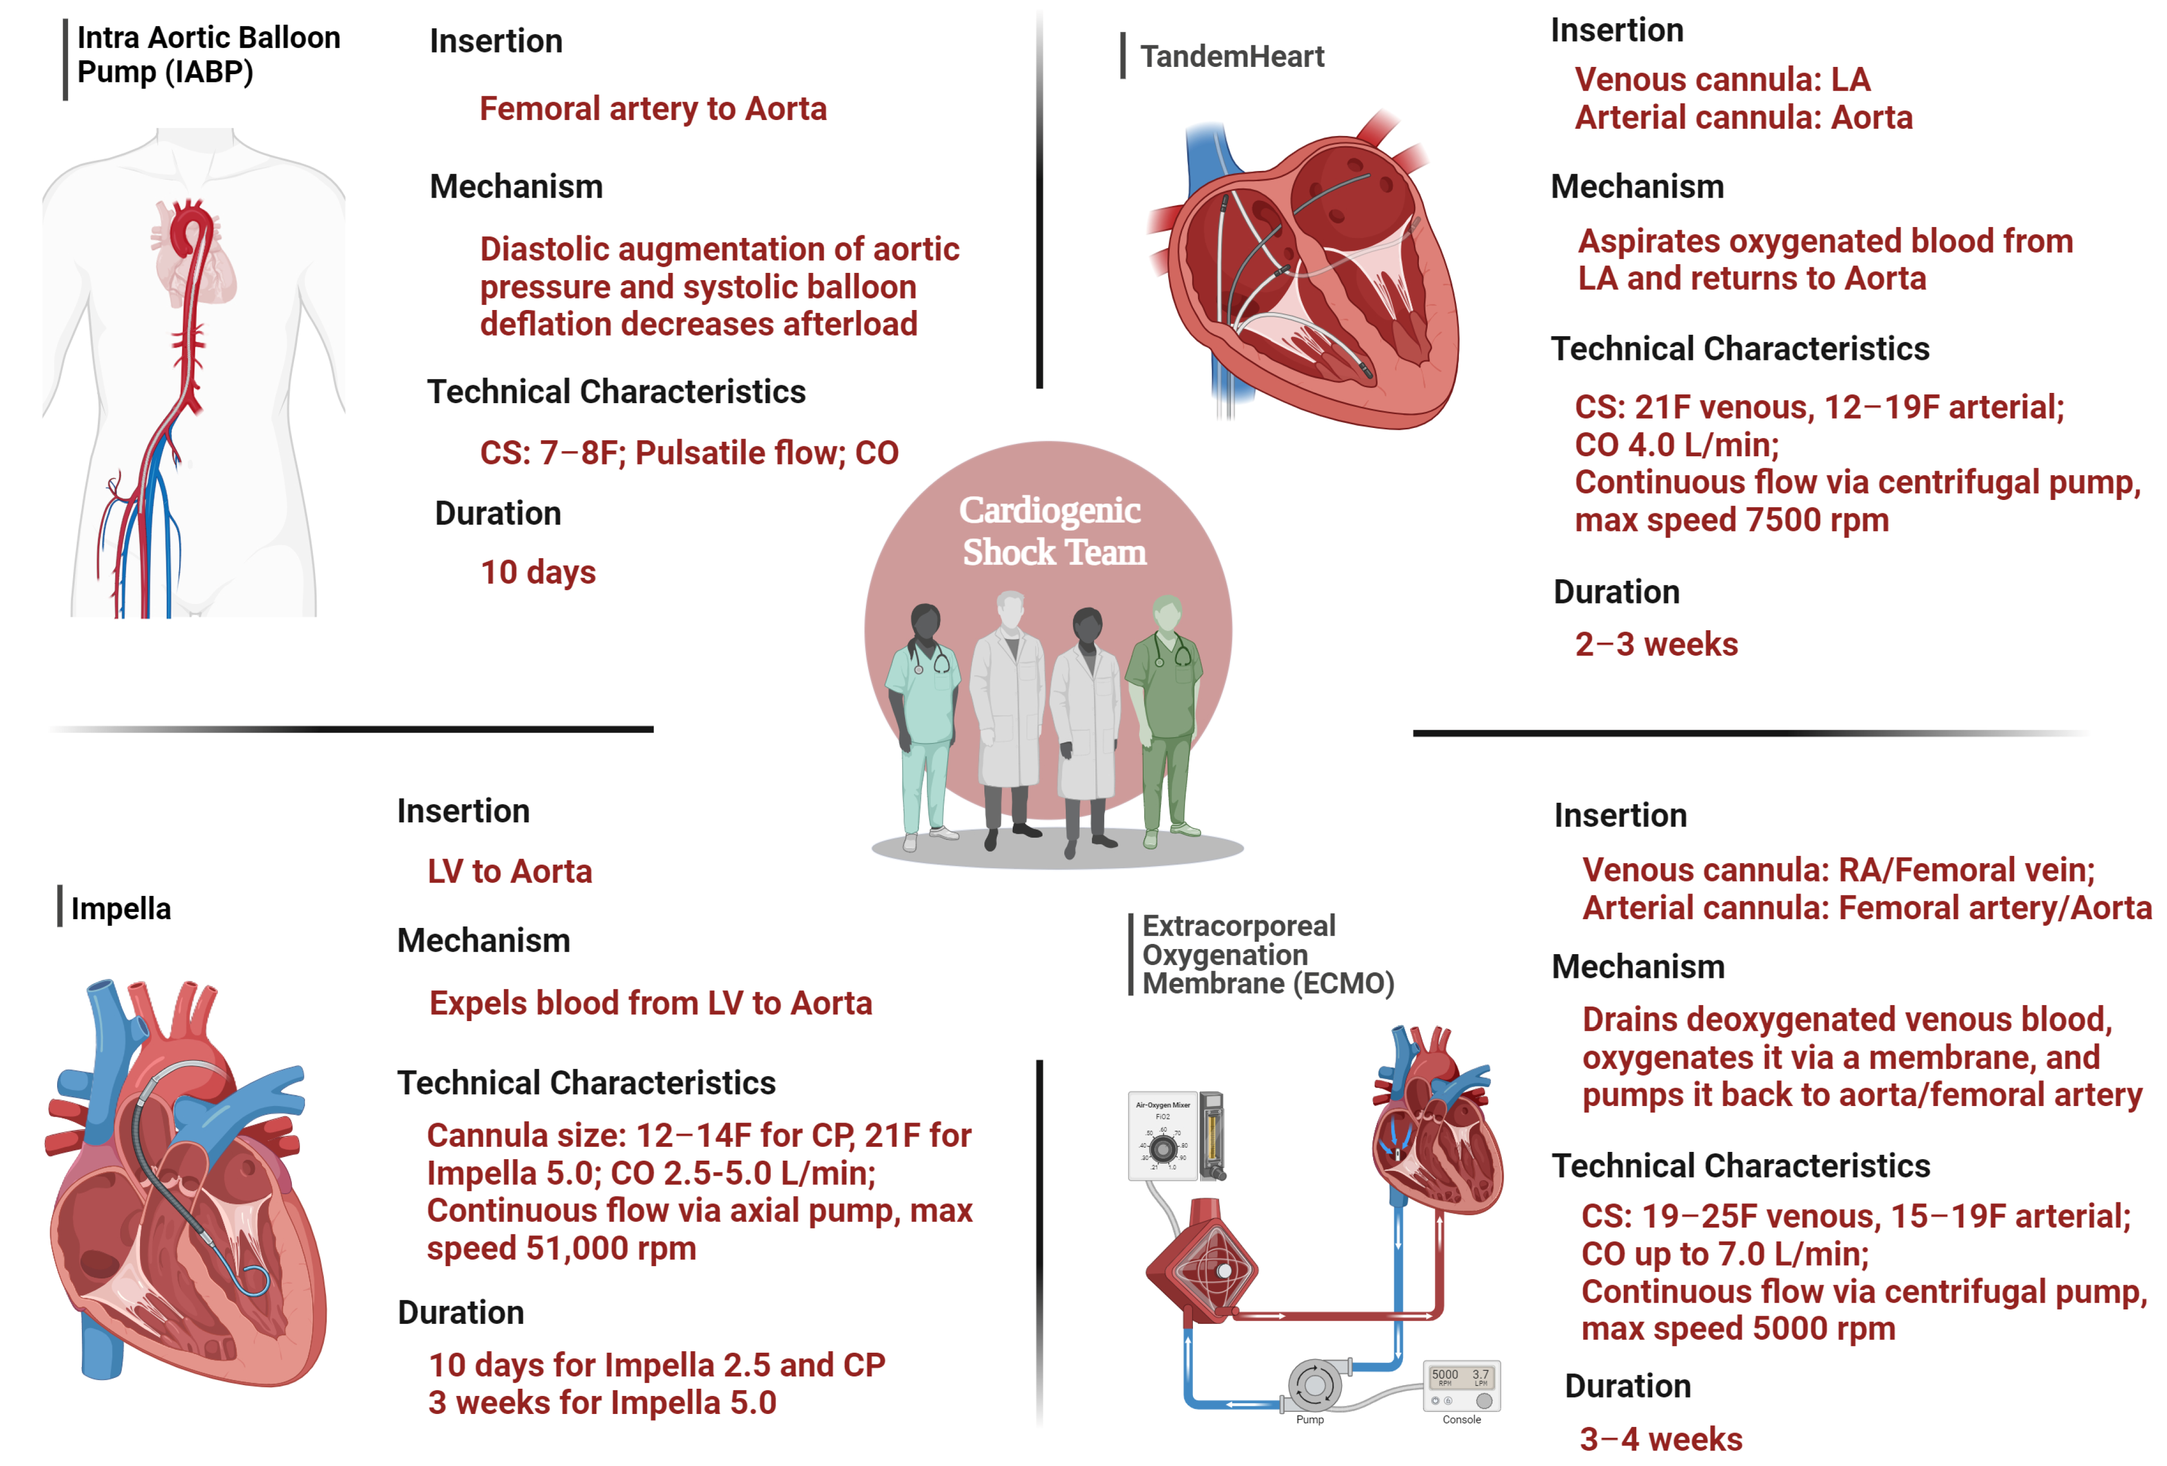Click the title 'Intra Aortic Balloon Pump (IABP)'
coord(208,54)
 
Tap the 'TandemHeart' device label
coord(1231,56)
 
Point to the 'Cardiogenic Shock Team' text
coord(1052,530)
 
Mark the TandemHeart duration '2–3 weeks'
coord(1656,644)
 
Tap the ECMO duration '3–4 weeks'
coord(1661,1439)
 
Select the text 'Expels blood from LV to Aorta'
coord(650,1003)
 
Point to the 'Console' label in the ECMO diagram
coord(1461,1419)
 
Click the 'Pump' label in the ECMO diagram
coord(1309,1419)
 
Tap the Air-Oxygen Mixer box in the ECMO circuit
coord(1162,1136)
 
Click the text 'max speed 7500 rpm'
coord(1731,520)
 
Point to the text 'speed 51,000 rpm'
coord(561,1248)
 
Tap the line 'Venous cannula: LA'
coord(1722,79)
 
